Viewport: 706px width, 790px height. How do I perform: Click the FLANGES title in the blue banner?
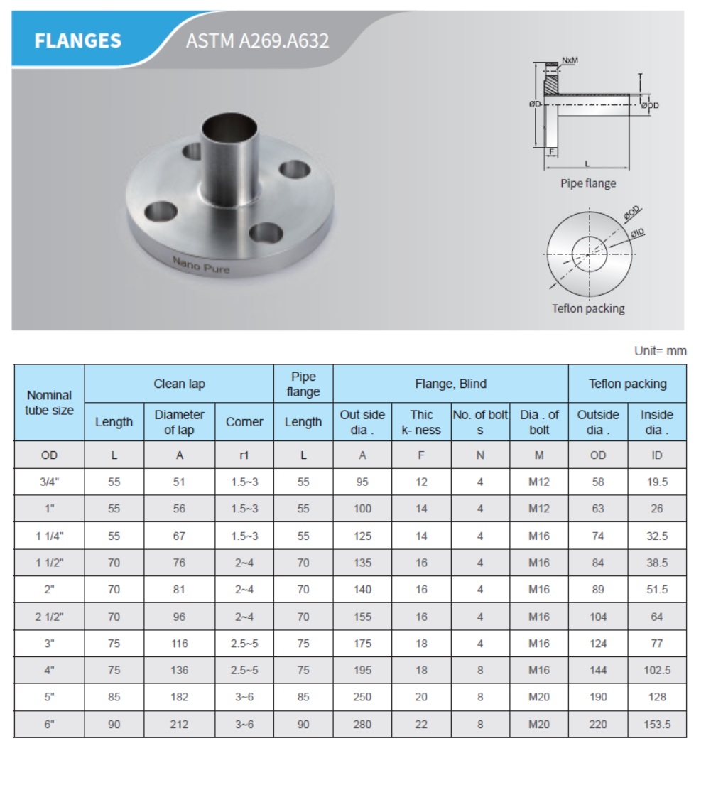[x=78, y=40]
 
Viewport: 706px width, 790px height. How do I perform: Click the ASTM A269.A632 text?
[x=257, y=40]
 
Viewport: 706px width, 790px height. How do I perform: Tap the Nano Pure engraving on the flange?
[x=202, y=265]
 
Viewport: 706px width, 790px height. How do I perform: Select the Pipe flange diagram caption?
[x=588, y=183]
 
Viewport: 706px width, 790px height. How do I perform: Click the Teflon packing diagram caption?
[x=588, y=308]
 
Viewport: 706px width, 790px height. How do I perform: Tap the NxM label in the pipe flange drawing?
[x=570, y=60]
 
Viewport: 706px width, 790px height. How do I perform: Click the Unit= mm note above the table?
[x=660, y=351]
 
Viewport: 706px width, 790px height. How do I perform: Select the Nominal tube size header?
[x=49, y=403]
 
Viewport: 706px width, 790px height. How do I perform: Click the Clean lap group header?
[x=179, y=384]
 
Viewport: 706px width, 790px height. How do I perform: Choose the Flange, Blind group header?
[x=450, y=384]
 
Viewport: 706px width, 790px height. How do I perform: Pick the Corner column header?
[x=244, y=422]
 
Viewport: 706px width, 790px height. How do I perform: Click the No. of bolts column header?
[x=480, y=422]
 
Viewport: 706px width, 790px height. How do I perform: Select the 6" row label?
[x=49, y=725]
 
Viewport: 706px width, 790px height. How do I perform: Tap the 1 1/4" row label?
[x=49, y=536]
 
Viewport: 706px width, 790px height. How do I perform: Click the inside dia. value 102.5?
[x=657, y=670]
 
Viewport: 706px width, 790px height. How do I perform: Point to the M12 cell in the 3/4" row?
[x=539, y=482]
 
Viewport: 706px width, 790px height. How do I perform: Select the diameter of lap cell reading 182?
[x=179, y=697]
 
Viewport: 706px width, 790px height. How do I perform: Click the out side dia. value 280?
[x=362, y=725]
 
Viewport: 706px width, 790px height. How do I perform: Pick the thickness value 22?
[x=421, y=725]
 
